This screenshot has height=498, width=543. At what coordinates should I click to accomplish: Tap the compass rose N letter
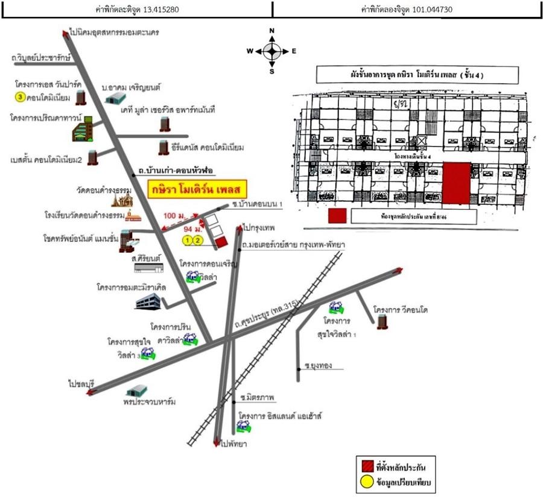pyautogui.click(x=271, y=31)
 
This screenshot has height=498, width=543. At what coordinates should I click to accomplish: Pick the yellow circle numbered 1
pyautogui.click(x=188, y=241)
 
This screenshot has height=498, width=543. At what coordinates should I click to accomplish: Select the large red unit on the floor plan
pyautogui.click(x=457, y=182)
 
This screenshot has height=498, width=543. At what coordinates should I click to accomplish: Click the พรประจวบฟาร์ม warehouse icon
pyautogui.click(x=137, y=391)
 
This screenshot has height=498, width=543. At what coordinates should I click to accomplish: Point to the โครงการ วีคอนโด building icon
pyautogui.click(x=382, y=321)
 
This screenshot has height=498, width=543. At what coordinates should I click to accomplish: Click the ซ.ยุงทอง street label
pyautogui.click(x=318, y=365)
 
